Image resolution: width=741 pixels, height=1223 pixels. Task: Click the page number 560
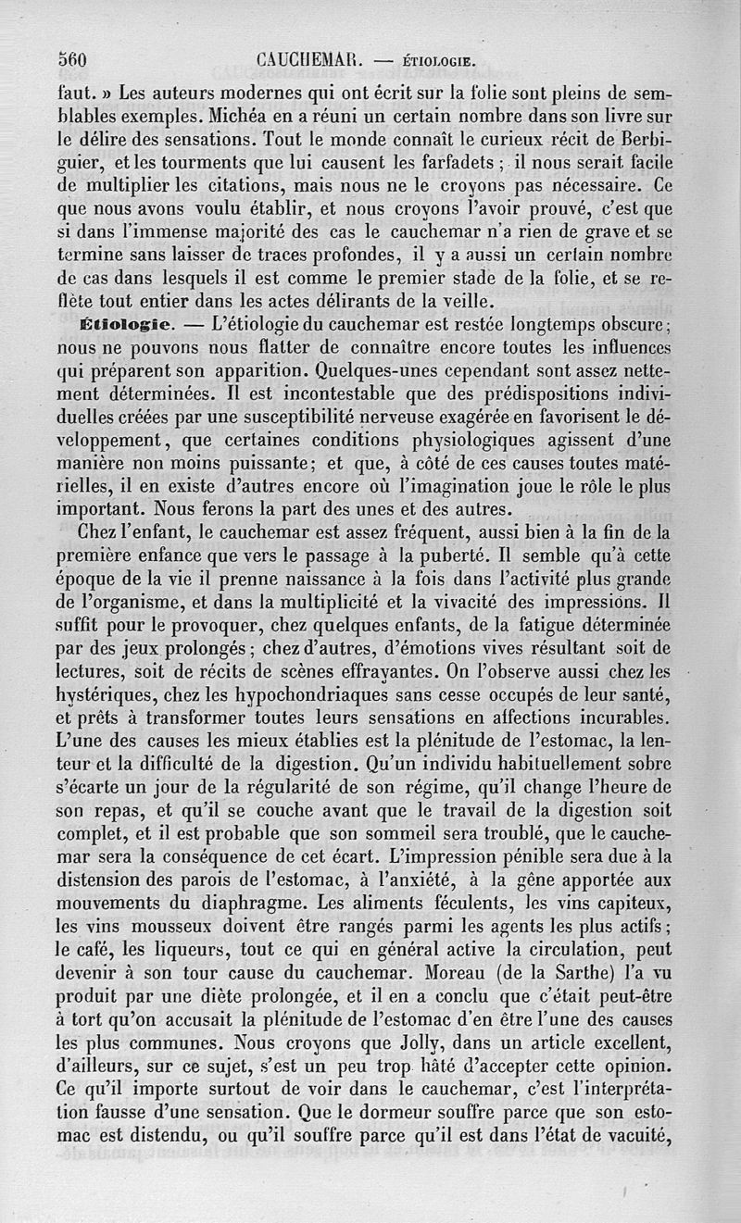[71, 61]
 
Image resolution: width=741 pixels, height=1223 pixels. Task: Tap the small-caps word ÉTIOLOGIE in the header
[439, 63]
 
